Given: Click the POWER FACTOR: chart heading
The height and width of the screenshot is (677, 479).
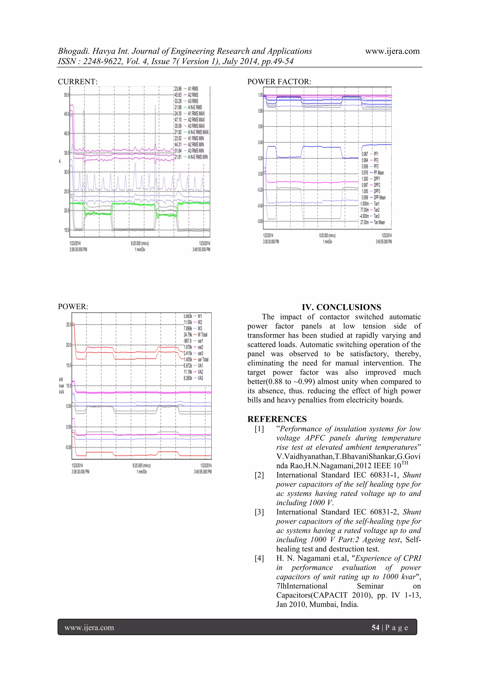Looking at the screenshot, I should click(279, 82).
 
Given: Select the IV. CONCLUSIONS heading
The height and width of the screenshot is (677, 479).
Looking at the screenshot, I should click(341, 307).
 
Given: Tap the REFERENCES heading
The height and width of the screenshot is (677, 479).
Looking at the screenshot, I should click(277, 419).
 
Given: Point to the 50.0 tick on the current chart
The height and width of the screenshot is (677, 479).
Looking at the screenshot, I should click(66, 95).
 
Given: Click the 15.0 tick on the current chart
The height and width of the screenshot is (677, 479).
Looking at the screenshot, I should click(66, 230).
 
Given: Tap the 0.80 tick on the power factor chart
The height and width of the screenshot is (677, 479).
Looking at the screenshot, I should click(260, 111).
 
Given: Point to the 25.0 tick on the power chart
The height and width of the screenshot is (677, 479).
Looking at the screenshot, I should click(69, 325).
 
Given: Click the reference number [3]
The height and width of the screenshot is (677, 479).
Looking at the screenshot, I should click(259, 512).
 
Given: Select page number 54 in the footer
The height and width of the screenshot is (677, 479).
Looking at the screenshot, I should click(375, 627).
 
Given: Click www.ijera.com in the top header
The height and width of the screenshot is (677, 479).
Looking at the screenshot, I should click(392, 51).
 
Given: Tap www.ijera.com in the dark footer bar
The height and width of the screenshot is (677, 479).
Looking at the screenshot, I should click(89, 627).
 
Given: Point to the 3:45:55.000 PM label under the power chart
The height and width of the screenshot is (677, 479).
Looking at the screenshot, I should click(203, 472).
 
